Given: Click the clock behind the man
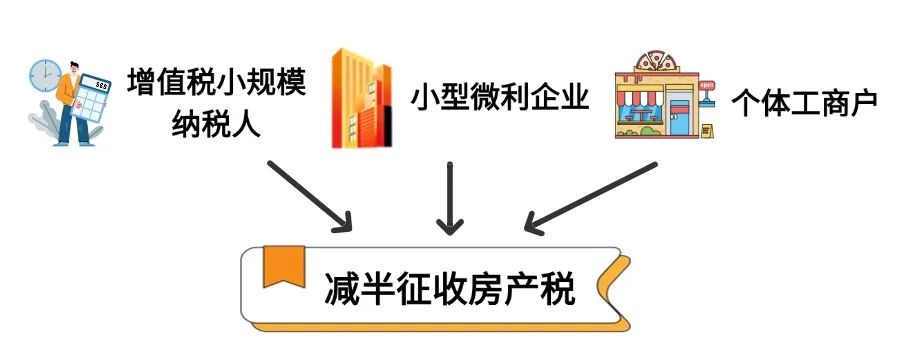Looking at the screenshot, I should pyautogui.click(x=44, y=74).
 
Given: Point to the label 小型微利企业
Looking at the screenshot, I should pyautogui.click(x=498, y=100).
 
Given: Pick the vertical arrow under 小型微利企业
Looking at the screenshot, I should pyautogui.click(x=451, y=195).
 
